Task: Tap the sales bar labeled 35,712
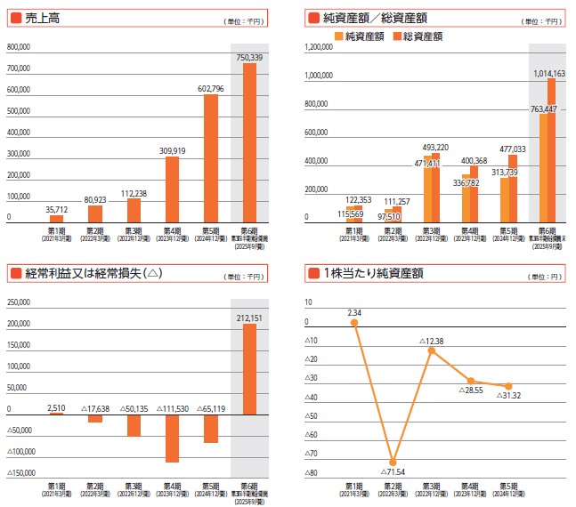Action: click(x=56, y=218)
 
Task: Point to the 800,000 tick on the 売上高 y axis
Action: click(x=19, y=48)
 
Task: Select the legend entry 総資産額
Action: click(x=422, y=36)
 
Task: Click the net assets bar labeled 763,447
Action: click(x=542, y=168)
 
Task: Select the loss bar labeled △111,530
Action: click(x=172, y=438)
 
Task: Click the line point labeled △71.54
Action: click(x=393, y=462)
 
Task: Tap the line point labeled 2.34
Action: click(x=354, y=323)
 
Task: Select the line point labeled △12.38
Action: click(x=432, y=350)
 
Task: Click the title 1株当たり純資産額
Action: click(x=371, y=273)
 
